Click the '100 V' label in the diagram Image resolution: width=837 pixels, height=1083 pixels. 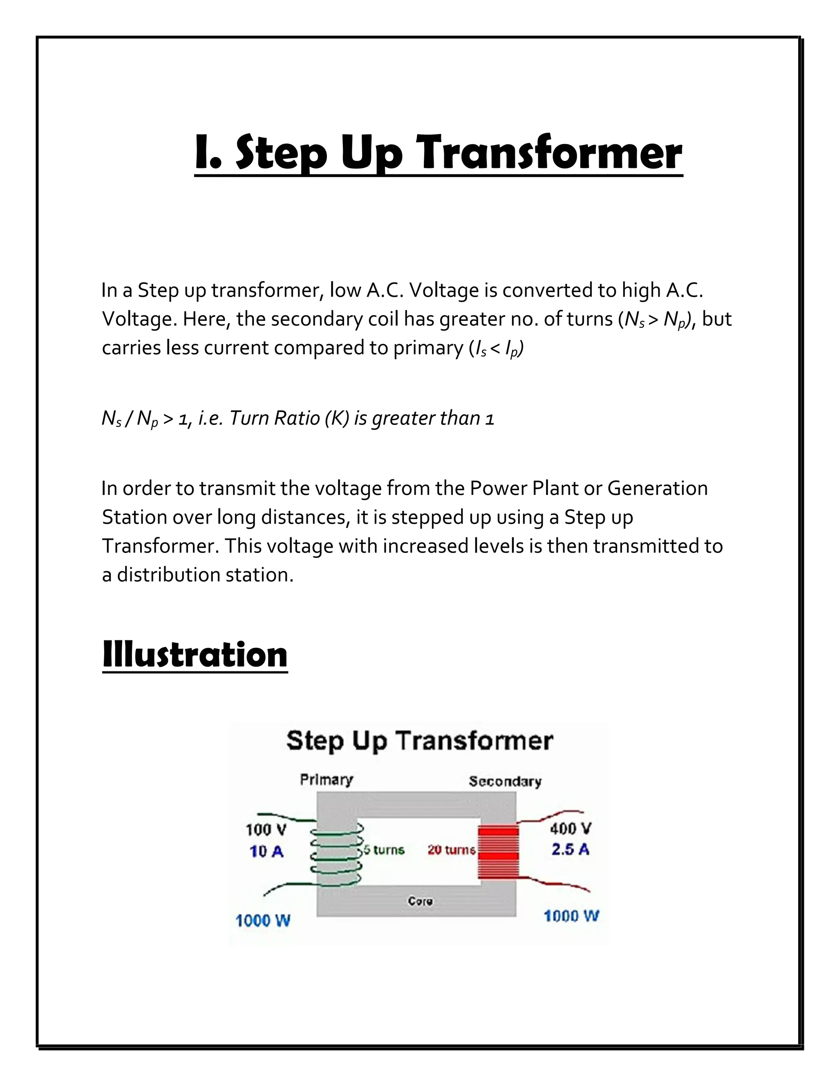click(x=266, y=829)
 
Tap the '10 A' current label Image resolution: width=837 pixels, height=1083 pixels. click(x=266, y=851)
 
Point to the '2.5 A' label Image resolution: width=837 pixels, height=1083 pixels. click(x=570, y=850)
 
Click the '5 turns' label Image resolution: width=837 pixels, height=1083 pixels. click(x=384, y=850)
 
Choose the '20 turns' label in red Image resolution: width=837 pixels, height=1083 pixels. click(x=451, y=850)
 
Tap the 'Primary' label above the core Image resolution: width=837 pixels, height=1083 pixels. click(x=326, y=780)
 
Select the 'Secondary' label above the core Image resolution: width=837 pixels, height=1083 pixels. click(x=505, y=781)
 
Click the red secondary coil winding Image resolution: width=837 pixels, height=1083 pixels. click(x=498, y=852)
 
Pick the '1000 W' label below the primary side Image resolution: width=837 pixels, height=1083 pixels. click(x=263, y=921)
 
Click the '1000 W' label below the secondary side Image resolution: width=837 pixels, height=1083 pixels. click(x=571, y=916)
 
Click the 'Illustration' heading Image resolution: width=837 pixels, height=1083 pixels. click(x=195, y=655)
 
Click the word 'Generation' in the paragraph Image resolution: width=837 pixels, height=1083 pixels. click(x=657, y=488)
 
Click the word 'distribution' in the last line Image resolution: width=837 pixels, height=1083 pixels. click(x=169, y=575)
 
